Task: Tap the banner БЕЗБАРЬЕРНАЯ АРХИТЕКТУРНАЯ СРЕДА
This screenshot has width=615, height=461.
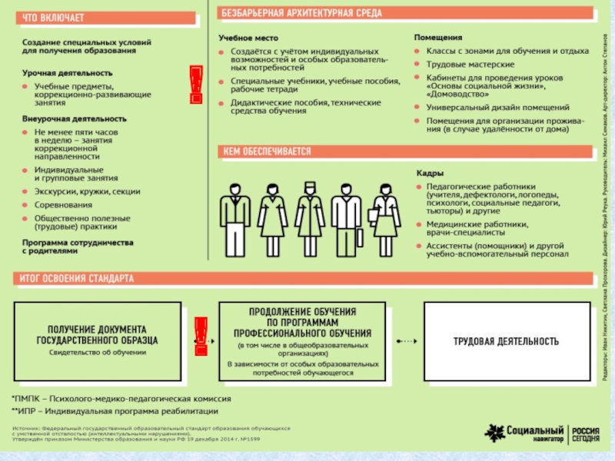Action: [295, 14]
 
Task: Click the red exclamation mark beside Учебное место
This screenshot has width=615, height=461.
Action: [196, 84]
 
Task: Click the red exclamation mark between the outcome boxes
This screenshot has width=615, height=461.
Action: [201, 339]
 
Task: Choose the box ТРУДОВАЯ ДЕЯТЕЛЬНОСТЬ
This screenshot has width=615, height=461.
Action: [505, 340]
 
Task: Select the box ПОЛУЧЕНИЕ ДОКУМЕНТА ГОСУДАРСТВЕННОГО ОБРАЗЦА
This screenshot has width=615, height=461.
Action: [98, 340]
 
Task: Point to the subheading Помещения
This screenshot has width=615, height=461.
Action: [438, 37]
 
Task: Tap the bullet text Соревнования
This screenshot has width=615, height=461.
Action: [63, 205]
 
